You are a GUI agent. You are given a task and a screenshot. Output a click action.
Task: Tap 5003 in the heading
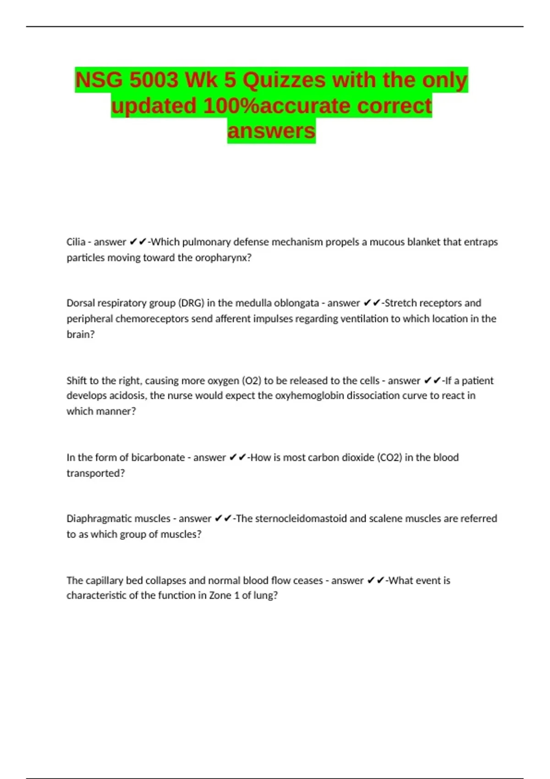coord(154,81)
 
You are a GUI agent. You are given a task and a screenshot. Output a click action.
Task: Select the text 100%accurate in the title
coord(277,106)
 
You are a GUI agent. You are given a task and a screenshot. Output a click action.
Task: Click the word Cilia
coord(76,242)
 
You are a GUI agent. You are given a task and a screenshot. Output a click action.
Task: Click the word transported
coord(95,473)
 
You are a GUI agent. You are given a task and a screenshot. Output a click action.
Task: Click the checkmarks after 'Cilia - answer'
coord(138,242)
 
